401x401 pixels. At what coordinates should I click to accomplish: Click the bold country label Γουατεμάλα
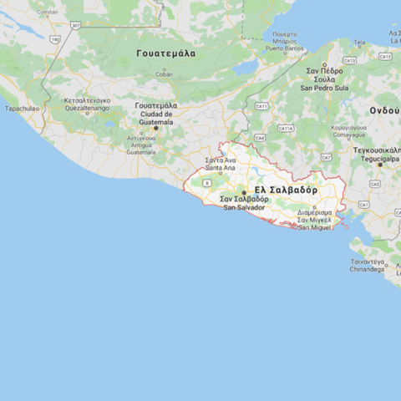click(166, 53)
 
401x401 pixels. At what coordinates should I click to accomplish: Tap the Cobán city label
click(165, 74)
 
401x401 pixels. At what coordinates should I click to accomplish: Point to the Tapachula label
click(22, 109)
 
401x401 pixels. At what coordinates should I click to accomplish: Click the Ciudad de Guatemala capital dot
click(155, 128)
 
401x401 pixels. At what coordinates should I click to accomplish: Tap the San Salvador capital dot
click(244, 192)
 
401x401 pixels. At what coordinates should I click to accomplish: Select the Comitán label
click(48, 13)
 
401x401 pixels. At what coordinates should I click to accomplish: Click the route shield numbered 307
click(76, 25)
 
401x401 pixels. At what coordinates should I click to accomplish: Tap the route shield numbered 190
click(55, 38)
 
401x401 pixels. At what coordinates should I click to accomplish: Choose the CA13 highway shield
click(385, 56)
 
